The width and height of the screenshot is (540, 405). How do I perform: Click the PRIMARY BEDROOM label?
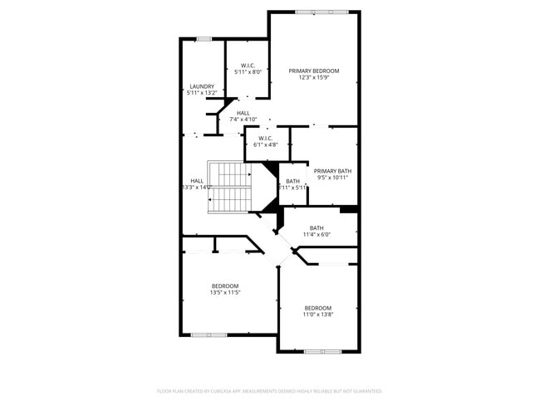314,71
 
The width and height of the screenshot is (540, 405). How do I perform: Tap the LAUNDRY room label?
202,86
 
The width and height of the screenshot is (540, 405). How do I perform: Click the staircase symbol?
229,187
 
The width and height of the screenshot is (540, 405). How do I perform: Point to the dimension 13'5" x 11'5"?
224,293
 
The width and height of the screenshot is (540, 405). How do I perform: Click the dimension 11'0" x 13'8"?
317,315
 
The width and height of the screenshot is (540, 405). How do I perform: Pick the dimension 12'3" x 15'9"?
314,78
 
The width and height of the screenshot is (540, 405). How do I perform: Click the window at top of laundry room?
204,38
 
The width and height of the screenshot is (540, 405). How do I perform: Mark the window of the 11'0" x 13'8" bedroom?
322,352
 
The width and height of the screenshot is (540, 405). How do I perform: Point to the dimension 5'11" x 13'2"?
202,93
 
